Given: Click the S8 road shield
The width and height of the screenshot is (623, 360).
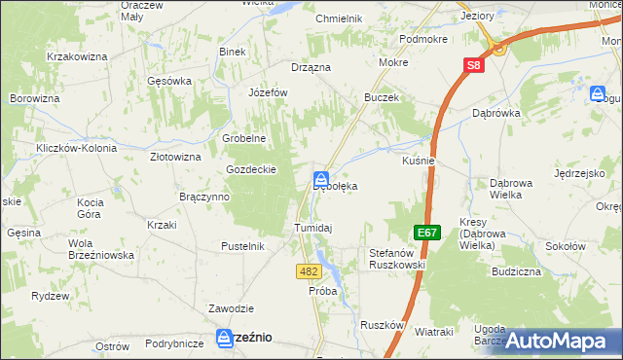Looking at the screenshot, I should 472,65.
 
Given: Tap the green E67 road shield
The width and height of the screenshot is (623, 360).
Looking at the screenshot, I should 425,233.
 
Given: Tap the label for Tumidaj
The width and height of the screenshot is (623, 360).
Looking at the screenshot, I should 313,228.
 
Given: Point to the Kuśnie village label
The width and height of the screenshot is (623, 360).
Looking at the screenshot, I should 418,161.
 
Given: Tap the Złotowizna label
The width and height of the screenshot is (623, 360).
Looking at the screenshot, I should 175,156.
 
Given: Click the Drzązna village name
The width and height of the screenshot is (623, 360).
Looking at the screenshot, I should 311,67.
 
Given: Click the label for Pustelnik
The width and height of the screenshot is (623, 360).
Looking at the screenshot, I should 243,246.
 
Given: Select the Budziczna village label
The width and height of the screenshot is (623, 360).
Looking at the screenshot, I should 516,271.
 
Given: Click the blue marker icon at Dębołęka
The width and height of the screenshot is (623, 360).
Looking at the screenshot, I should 320,179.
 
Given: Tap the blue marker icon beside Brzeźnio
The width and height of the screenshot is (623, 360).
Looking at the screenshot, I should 223,337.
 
